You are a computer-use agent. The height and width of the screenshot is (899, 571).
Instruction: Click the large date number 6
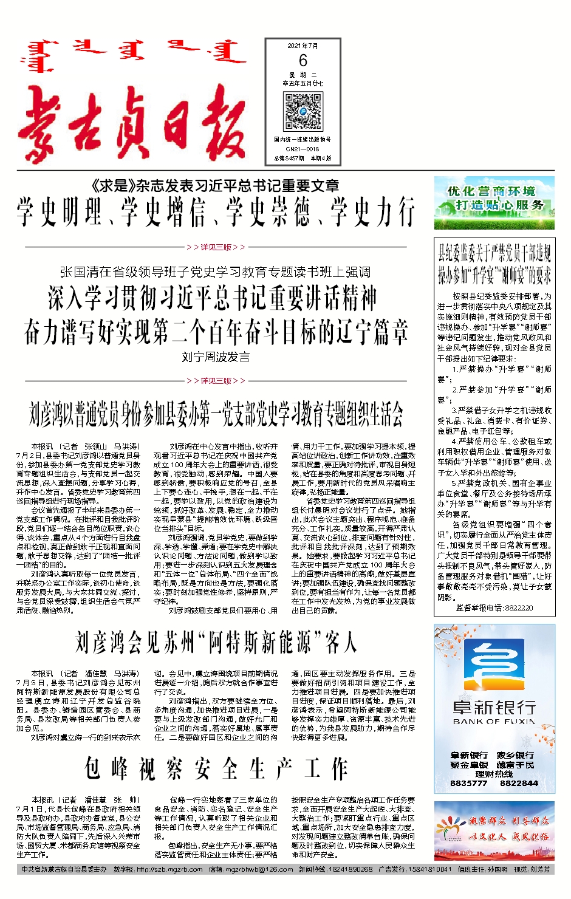coord(303,60)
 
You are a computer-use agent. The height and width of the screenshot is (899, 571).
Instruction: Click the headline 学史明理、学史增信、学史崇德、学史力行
coord(216,212)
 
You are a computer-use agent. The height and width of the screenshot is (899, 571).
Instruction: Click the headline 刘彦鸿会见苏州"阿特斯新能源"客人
coord(216,642)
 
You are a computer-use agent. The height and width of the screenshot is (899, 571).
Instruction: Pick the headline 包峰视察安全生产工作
coord(216,769)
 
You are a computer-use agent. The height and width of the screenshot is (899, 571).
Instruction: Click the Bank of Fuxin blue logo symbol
coord(494,666)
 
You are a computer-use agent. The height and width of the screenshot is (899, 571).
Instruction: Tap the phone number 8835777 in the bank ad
coord(468,784)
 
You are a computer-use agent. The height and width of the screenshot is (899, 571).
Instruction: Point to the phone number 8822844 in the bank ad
coord(519,784)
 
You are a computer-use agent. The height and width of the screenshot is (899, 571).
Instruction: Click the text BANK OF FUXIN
coord(494,722)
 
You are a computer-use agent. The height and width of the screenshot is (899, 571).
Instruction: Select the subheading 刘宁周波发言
coord(216,357)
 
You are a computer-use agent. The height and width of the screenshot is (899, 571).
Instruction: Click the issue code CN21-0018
coord(303,149)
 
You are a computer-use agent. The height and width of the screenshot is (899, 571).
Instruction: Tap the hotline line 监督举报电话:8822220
coord(494,607)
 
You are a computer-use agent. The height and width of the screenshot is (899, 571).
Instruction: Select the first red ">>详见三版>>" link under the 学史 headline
coord(216,247)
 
